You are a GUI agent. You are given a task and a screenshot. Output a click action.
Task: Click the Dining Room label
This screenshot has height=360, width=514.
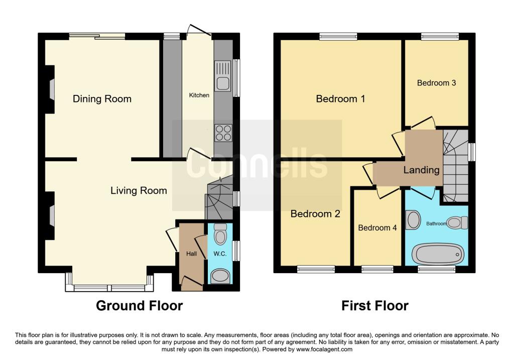point(102,99)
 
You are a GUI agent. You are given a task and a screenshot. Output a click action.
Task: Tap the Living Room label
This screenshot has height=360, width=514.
point(139,190)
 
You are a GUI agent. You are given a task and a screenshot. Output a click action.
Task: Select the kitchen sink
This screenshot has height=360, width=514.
point(222,75)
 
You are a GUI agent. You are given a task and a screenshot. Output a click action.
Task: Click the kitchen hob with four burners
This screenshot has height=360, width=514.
point(223,133)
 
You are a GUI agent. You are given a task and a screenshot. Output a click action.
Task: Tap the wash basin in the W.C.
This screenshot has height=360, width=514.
point(220,276)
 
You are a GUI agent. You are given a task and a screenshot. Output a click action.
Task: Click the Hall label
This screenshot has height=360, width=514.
point(191,254)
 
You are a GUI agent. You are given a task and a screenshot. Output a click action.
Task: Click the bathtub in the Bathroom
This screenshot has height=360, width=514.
point(437,254)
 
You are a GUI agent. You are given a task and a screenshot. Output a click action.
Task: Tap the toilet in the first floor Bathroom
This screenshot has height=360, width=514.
point(457,222)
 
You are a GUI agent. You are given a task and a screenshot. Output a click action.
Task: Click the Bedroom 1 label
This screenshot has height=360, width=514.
point(340,99)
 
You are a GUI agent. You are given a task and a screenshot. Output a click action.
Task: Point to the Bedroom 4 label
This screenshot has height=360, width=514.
point(377,227)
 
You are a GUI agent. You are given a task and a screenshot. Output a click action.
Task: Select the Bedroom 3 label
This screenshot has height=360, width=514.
point(436,83)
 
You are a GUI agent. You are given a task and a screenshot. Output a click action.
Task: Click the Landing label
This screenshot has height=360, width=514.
point(421,170)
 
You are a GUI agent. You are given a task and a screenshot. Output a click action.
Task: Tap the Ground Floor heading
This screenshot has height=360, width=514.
point(139,305)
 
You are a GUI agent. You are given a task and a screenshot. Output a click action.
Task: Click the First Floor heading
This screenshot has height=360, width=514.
point(375,305)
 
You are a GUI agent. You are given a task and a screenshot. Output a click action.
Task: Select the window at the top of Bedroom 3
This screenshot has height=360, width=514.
point(439,37)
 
